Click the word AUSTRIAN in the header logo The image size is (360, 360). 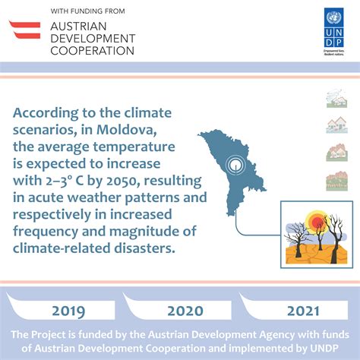pos(82,25)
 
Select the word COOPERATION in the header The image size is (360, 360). pos(91,50)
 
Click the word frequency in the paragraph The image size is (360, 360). pos(46,232)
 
